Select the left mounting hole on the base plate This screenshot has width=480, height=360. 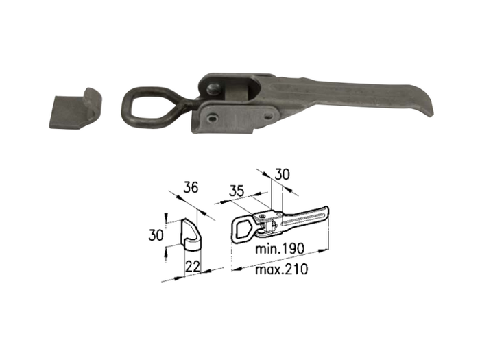point(212,117)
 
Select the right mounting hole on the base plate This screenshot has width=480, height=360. point(269,116)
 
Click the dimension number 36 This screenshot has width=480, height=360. point(191,187)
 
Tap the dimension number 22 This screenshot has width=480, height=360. point(193,267)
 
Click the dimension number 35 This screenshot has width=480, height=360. point(237,191)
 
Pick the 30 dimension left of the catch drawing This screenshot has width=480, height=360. point(156,235)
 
